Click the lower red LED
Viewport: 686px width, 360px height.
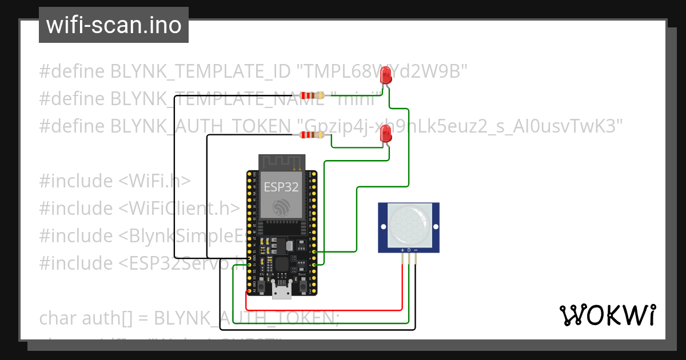point(386,135)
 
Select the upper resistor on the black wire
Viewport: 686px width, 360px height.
point(312,96)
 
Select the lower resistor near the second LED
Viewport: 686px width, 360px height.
point(312,135)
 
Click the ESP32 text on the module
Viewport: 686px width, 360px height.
point(281,187)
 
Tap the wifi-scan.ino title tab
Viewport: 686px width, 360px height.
point(113,25)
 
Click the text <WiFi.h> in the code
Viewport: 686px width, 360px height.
point(154,181)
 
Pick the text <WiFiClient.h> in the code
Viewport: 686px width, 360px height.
point(178,209)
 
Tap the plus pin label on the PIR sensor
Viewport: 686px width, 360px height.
point(402,250)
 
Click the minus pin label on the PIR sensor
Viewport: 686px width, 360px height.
point(416,250)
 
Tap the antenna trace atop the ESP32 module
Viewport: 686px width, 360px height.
point(281,162)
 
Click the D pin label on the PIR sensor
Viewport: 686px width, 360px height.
point(409,250)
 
